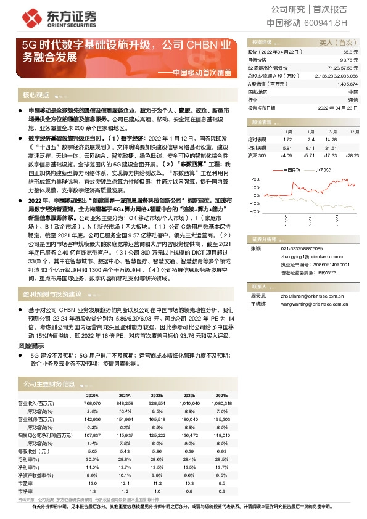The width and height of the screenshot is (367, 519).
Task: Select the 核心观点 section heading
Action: [x=35, y=96]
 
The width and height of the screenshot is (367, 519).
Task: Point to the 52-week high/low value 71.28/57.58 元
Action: [x=342, y=67]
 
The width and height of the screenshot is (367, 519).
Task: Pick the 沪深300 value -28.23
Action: [x=351, y=155]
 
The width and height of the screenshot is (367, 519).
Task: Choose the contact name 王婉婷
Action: [x=257, y=303]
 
